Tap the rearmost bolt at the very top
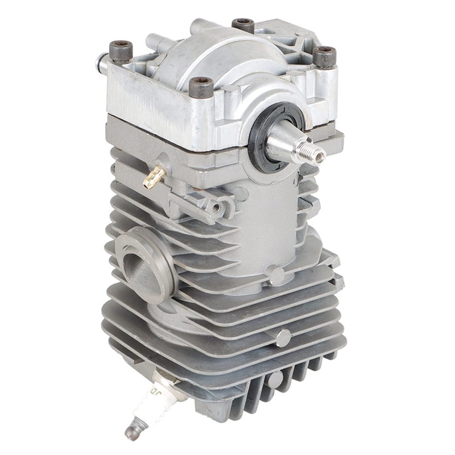(x=243, y=25)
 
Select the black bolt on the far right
(x=324, y=57)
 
